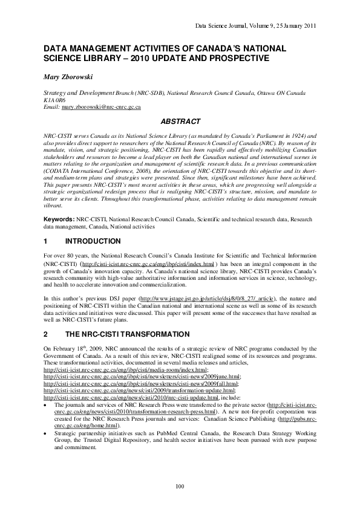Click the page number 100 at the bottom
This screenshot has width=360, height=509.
[x=179, y=487]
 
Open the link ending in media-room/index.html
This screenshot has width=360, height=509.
[x=126, y=369]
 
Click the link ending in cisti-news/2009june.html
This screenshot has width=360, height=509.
[x=142, y=376]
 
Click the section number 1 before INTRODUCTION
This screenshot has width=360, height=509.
[x=46, y=241]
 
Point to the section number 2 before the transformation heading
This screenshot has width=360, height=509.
[x=46, y=334]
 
